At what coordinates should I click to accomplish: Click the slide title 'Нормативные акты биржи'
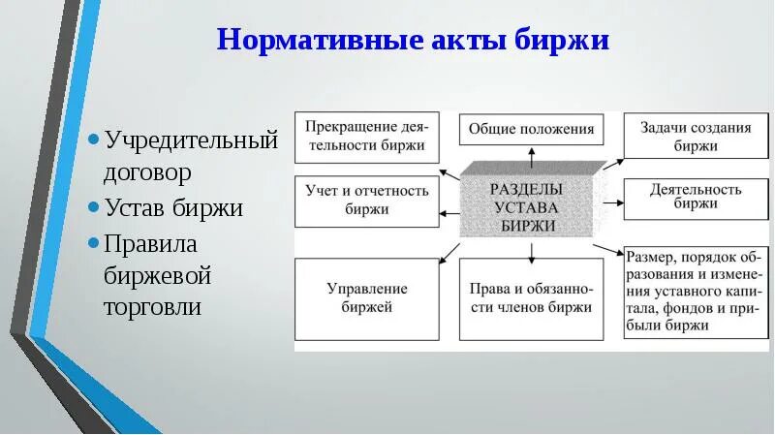click(x=413, y=41)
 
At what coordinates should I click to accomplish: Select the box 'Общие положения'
click(x=530, y=129)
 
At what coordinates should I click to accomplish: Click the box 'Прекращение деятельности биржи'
click(x=365, y=137)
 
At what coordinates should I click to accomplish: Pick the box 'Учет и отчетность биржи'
click(x=365, y=200)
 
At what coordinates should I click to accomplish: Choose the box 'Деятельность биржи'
click(x=695, y=197)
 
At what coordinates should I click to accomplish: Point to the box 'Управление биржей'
click(x=365, y=298)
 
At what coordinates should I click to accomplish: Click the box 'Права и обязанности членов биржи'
click(x=530, y=298)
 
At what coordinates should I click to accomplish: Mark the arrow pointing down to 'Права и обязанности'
click(x=531, y=253)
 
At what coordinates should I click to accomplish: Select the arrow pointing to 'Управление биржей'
click(x=448, y=254)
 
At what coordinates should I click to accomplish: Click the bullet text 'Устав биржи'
click(x=173, y=207)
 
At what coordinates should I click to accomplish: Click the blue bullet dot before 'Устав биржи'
click(x=93, y=207)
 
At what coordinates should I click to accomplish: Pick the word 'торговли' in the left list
click(x=153, y=308)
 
